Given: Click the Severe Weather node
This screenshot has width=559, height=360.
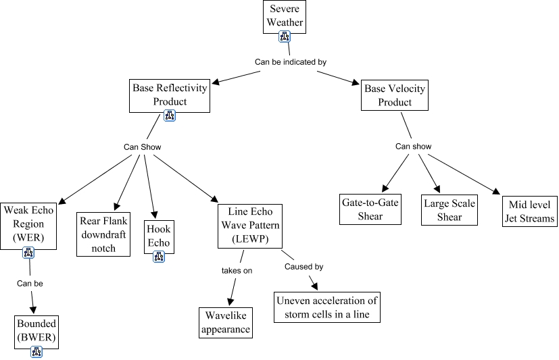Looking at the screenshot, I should coord(285,16).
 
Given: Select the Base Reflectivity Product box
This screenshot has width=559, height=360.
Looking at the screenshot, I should coord(169,95).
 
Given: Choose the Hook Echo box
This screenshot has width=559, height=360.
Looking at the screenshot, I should coord(158,236).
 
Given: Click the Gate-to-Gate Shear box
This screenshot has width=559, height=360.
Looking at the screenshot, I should coord(371,209).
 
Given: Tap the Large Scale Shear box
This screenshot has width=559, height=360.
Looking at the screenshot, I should coord(449,209).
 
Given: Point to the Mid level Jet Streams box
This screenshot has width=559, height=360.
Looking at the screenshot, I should coord(529,211).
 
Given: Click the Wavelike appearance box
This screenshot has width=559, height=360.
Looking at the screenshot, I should coord(226,323).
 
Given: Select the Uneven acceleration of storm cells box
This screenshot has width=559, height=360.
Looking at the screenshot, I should coord(326,307).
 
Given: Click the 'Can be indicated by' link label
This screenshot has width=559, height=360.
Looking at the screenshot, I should coord(291,62).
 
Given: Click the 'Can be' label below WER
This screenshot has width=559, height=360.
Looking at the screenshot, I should coord(30,284).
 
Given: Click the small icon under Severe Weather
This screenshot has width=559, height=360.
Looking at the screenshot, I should coord(285,37).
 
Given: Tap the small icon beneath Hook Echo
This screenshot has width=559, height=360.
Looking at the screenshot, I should coord(158,256).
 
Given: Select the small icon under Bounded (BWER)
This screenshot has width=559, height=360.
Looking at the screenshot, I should coord(37,351).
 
